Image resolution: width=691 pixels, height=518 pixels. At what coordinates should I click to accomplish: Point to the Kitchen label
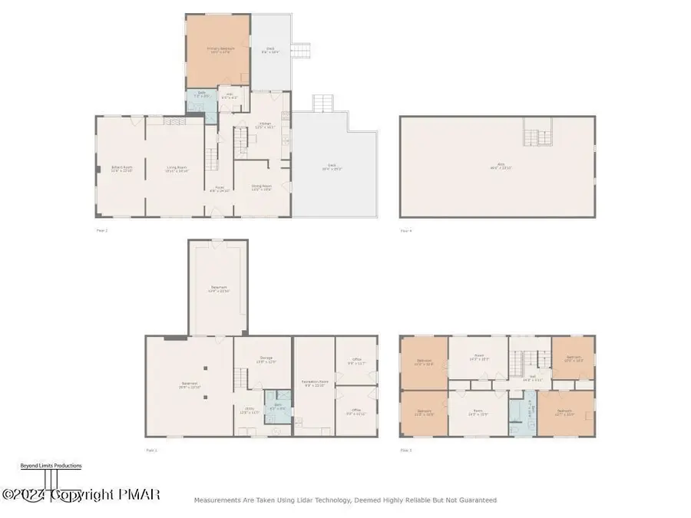coord(264,125)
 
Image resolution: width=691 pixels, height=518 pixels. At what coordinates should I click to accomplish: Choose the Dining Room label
coord(263,186)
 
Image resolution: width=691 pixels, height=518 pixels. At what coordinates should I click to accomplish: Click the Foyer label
coord(220,188)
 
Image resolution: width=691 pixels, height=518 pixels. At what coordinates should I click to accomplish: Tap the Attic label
coord(497,168)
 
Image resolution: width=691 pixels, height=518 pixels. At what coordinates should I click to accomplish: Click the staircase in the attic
coord(537,137)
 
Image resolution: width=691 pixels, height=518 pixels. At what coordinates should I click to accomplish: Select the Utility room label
coord(250,411)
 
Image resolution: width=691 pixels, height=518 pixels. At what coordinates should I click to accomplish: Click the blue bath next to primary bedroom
coord(202,97)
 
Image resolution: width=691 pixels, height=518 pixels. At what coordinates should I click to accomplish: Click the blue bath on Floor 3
coord(529,411)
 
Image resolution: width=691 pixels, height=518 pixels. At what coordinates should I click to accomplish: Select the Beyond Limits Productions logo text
coord(50,466)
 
